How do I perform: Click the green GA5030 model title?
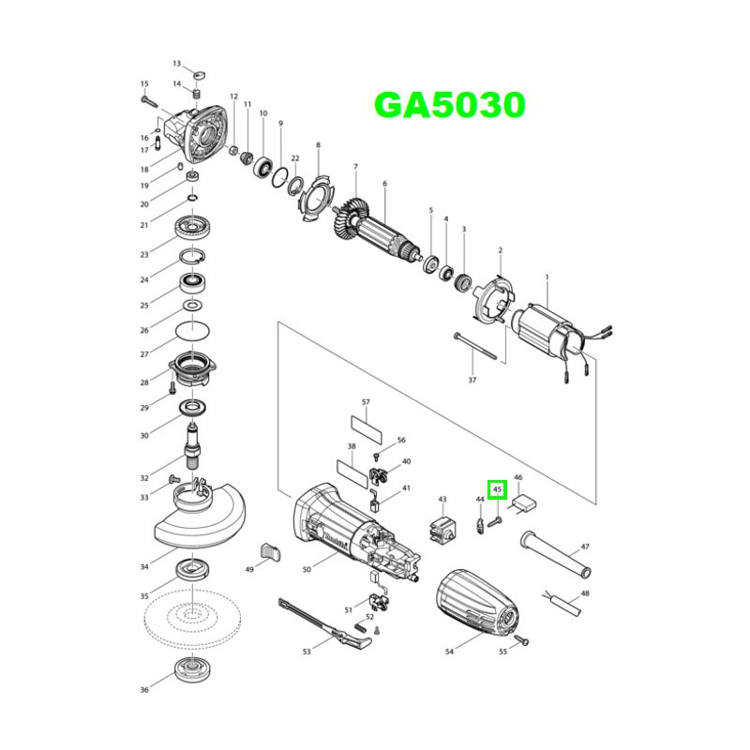coord(450,104)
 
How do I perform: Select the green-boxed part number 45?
coord(498,488)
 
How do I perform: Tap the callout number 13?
coord(176,63)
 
